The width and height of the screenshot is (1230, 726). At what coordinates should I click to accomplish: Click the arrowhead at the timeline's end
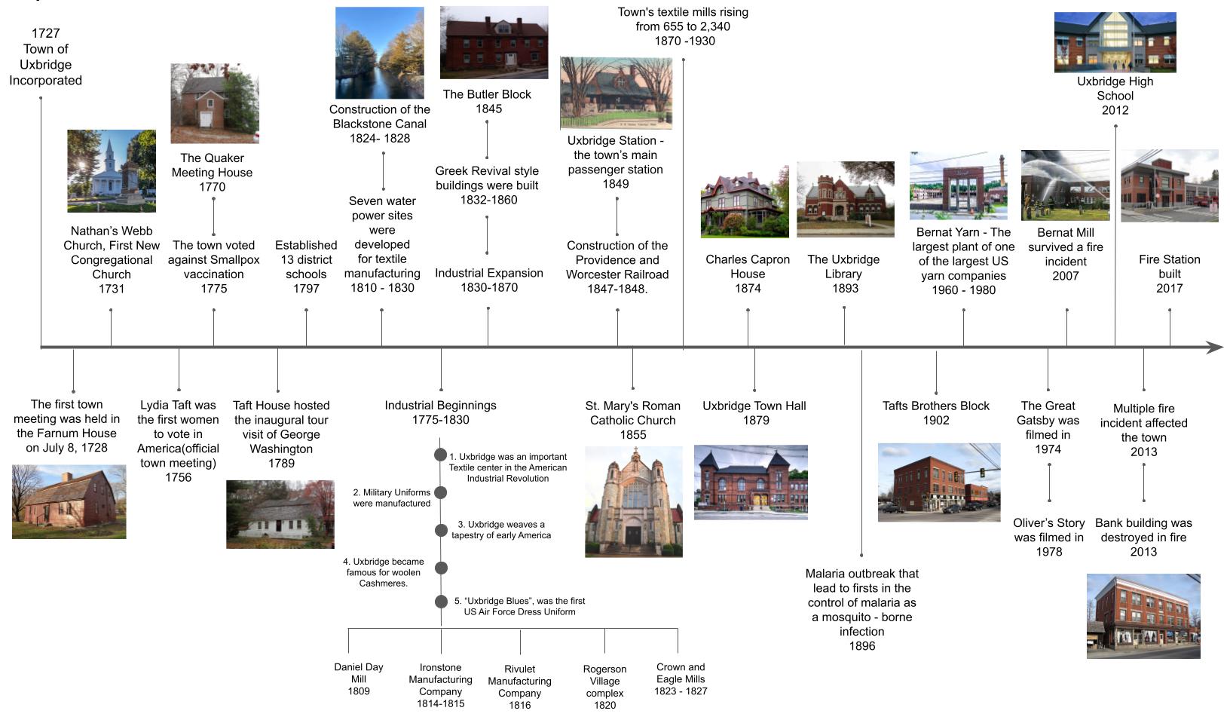pyautogui.click(x=1215, y=348)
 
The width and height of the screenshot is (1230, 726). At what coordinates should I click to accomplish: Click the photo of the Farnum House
pyautogui.click(x=69, y=502)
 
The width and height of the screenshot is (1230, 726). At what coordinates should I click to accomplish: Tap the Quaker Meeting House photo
pyautogui.click(x=214, y=103)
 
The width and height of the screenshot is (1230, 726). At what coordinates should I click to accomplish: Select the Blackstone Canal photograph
pyautogui.click(x=379, y=53)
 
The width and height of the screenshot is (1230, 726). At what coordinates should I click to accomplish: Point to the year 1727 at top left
pyautogui.click(x=45, y=33)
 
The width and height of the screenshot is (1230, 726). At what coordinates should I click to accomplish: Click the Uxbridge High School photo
pyautogui.click(x=1115, y=42)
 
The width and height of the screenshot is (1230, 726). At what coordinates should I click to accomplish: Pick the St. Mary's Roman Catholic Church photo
pyautogui.click(x=633, y=502)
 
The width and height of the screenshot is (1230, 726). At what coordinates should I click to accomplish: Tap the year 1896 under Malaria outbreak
pyautogui.click(x=861, y=646)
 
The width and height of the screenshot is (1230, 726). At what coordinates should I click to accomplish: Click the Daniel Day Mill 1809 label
pyautogui.click(x=359, y=679)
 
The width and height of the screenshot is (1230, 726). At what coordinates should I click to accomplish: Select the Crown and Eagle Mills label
pyautogui.click(x=681, y=679)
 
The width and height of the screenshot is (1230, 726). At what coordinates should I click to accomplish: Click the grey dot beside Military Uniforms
pyautogui.click(x=441, y=493)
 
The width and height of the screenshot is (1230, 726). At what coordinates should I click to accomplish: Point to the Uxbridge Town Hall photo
pyautogui.click(x=751, y=482)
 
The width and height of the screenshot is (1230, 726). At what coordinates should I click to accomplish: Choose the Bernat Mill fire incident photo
pyautogui.click(x=1065, y=185)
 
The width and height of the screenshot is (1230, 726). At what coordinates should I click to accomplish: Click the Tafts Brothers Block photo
pyautogui.click(x=938, y=482)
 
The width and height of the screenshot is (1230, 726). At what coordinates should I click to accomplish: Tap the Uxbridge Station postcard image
pyautogui.click(x=616, y=93)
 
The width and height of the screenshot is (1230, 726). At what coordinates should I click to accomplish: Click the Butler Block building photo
pyautogui.click(x=494, y=42)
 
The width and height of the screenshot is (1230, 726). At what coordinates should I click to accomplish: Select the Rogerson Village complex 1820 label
pyautogui.click(x=604, y=687)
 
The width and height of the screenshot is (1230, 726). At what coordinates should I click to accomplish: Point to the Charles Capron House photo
pyautogui.click(x=745, y=202)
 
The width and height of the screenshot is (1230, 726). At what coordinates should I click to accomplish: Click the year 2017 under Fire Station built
pyautogui.click(x=1169, y=289)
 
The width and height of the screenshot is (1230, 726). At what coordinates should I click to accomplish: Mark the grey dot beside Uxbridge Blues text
pyautogui.click(x=441, y=602)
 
